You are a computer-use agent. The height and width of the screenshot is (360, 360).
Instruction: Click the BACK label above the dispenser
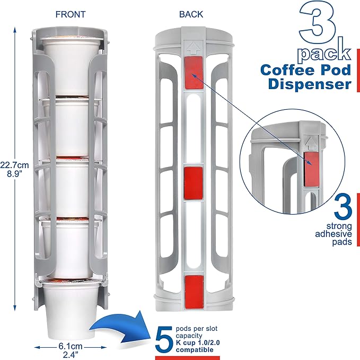pyautogui.click(x=191, y=14)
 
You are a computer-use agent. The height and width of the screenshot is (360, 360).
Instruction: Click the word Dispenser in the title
pyautogui.click(x=309, y=84)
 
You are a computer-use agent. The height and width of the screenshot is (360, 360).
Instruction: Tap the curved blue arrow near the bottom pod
pyautogui.click(x=118, y=324)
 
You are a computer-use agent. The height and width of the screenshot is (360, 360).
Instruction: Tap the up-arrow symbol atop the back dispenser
pyautogui.click(x=191, y=47)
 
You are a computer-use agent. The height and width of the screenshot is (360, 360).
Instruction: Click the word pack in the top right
pyautogui.click(x=323, y=53)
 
